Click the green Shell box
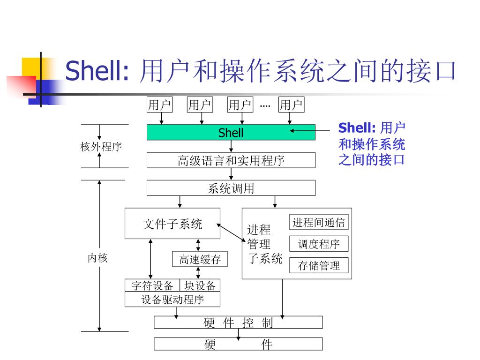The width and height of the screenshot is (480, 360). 231,133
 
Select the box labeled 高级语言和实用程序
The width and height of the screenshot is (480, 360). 231,160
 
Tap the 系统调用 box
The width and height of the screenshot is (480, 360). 231,188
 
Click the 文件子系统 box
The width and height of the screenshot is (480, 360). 172,224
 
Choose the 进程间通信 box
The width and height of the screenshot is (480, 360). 319,222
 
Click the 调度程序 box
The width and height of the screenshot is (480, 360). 319,244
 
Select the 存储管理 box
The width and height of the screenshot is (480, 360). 319,266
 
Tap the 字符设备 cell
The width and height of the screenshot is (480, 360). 152,285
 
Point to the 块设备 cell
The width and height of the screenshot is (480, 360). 200,285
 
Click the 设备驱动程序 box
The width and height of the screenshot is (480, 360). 172,300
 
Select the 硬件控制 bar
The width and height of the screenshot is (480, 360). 238,322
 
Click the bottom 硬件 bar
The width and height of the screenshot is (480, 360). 238,345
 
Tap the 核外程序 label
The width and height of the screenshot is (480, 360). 101,147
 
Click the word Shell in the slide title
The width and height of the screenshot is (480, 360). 97,71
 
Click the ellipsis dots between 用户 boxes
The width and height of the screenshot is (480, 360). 265,105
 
